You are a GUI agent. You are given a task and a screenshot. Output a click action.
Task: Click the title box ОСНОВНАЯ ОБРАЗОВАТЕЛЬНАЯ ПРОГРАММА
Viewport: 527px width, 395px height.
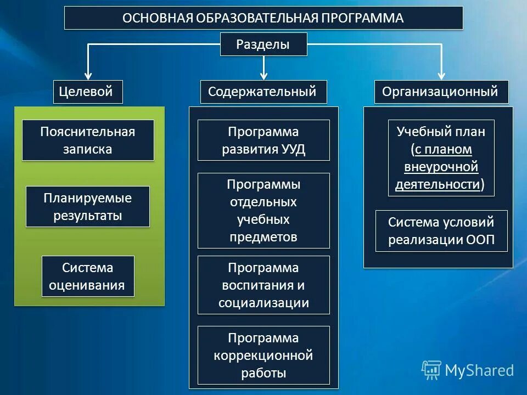pyautogui.click(x=263, y=18)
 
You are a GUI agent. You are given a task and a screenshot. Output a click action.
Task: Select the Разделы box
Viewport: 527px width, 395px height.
pyautogui.click(x=263, y=44)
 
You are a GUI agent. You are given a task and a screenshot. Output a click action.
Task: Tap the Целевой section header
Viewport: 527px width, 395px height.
pyautogui.click(x=88, y=92)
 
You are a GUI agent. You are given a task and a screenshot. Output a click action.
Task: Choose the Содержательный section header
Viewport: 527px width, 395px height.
pyautogui.click(x=263, y=92)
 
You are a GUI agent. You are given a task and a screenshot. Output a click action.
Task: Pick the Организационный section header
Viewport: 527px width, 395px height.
pyautogui.click(x=441, y=92)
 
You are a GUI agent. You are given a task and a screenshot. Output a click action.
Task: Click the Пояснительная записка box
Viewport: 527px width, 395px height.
pyautogui.click(x=88, y=140)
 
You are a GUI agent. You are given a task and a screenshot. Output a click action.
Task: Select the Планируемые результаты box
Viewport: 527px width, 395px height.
pyautogui.click(x=88, y=207)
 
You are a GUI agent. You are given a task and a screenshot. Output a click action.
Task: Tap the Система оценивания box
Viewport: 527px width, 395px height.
pyautogui.click(x=88, y=276)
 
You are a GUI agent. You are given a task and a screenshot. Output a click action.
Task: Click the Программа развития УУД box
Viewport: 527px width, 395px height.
pyautogui.click(x=263, y=140)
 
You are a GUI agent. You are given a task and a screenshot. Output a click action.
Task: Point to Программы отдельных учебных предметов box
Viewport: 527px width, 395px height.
pyautogui.click(x=263, y=211)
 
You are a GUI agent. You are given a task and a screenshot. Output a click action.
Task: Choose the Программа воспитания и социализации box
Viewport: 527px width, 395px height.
pyautogui.click(x=263, y=285)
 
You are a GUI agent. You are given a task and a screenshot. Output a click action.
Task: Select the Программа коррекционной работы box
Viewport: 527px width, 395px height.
pyautogui.click(x=263, y=356)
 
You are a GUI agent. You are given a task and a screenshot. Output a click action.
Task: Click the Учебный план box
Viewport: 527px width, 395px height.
pyautogui.click(x=441, y=158)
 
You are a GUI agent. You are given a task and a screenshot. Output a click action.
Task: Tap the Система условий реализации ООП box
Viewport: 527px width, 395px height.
pyautogui.click(x=441, y=231)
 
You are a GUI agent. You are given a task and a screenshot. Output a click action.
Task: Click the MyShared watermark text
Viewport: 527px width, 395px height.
pyautogui.click(x=479, y=370)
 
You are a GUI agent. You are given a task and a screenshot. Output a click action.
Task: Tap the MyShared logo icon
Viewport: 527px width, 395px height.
pyautogui.click(x=431, y=370)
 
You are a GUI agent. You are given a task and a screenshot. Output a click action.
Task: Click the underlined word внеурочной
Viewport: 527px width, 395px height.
pyautogui.click(x=441, y=167)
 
